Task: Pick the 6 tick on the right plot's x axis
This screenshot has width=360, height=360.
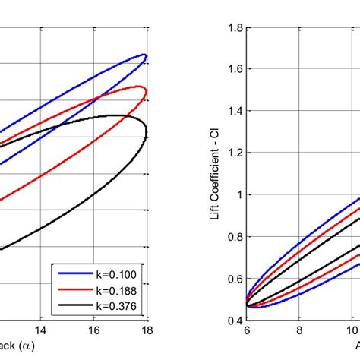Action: [x=247, y=331]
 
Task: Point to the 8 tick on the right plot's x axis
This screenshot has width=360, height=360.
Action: [x=300, y=331]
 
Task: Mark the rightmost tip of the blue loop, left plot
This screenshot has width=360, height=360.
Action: [x=146, y=55]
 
